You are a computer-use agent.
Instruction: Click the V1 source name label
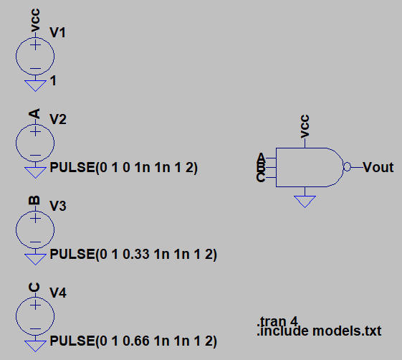pos(57,32)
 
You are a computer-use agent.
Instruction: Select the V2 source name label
pos(58,119)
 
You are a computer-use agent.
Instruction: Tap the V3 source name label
pos(58,206)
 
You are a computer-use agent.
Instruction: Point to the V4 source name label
pos(58,293)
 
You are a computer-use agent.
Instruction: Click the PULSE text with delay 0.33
pos(133,255)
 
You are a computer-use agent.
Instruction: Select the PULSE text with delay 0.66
pos(133,341)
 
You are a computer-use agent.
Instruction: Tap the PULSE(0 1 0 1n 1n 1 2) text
pos(123,168)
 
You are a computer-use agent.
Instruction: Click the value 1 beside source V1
pos(53,81)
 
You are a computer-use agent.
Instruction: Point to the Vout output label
pos(378,167)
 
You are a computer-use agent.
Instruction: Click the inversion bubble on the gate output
pos(347,167)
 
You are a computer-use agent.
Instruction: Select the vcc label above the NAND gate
pos(305,126)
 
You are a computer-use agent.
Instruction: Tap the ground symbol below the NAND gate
pos(305,202)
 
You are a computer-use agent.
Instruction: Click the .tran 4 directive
pos(277,321)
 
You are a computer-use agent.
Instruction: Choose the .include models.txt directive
pos(319,331)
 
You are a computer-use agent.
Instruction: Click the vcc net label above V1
pos(35,20)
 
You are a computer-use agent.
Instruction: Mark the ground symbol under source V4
pos(35,346)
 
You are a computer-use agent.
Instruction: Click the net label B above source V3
pos(34,200)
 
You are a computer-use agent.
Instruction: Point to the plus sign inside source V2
pos(35,132)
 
